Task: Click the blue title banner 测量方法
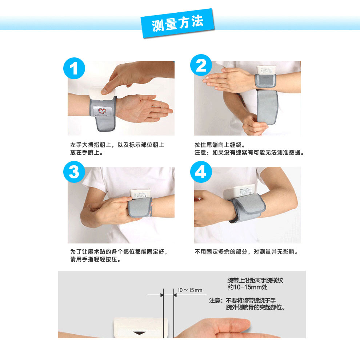pyautogui.click(x=177, y=23)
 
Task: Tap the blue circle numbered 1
pyautogui.click(x=74, y=68)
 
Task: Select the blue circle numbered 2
pyautogui.click(x=201, y=65)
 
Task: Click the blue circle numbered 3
pyautogui.click(x=74, y=172)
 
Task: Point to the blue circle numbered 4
pyautogui.click(x=201, y=172)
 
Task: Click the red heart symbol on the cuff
pyautogui.click(x=102, y=111)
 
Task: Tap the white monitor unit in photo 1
pyautogui.click(x=102, y=93)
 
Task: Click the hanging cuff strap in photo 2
pyautogui.click(x=267, y=107)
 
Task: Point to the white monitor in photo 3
pyautogui.click(x=140, y=194)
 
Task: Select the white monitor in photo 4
pyautogui.click(x=240, y=191)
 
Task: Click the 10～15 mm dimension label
pyautogui.click(x=190, y=290)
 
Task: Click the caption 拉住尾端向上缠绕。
pyautogui.click(x=220, y=145)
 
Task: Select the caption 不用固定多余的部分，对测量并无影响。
pyautogui.click(x=247, y=252)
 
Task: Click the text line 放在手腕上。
pyautogui.click(x=87, y=153)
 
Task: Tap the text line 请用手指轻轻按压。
pyautogui.click(x=96, y=259)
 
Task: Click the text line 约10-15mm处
pyautogui.click(x=248, y=287)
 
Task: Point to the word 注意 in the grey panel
pyautogui.click(x=215, y=301)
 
